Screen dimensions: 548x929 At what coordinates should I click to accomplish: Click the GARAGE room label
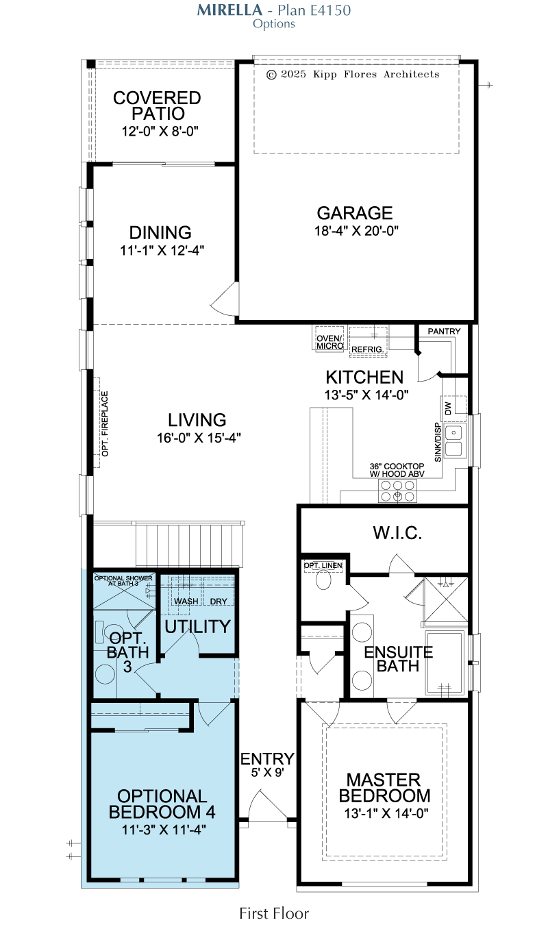coord(355,213)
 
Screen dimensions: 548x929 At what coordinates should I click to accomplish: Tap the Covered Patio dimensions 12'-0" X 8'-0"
coord(160,131)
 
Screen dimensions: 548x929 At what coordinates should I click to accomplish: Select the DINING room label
coord(160,233)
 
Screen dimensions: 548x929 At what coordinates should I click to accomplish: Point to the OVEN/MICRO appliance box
coord(329,339)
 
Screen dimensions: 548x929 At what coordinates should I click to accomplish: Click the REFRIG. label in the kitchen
coord(368,349)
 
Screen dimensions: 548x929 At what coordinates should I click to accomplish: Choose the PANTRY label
coord(444,332)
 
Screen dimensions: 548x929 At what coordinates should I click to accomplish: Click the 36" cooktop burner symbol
coord(397,491)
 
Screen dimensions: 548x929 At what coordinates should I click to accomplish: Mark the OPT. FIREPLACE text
coord(105,423)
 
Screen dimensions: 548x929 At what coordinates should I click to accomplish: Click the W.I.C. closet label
coord(397,533)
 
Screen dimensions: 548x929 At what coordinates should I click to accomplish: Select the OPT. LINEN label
coord(323,565)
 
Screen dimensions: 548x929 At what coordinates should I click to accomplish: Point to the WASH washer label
coord(186,602)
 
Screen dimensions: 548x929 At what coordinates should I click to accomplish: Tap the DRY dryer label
coord(219,602)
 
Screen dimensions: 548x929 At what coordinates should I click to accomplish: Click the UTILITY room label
coord(198,627)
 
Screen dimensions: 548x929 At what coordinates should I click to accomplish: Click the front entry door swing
coord(268,806)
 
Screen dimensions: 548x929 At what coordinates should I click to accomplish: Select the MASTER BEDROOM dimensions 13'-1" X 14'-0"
coord(386,813)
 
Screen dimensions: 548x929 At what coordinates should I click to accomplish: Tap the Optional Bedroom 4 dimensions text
coord(164,830)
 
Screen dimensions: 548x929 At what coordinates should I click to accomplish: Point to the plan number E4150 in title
coord(330,10)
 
